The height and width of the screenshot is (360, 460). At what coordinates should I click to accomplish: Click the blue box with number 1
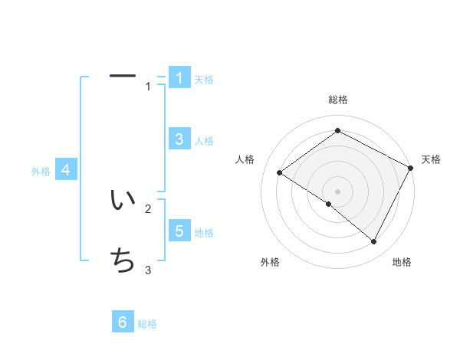pos(179,77)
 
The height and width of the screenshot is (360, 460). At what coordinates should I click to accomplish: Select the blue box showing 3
pos(179,139)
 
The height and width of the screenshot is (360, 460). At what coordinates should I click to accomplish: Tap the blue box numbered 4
pos(66,170)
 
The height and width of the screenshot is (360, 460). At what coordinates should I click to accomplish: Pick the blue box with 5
pos(179,231)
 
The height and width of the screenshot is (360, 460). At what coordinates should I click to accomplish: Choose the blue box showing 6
pos(123,322)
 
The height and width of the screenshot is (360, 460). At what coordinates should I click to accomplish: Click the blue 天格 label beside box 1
pos(204,79)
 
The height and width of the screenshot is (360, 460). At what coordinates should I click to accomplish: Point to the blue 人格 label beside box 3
pos(204,141)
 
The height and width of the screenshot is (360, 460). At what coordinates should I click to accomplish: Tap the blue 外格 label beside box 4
pos(41,172)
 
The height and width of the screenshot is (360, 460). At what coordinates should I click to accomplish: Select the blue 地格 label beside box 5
pos(204,233)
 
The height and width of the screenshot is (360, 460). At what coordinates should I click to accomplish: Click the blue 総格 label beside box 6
pos(147,324)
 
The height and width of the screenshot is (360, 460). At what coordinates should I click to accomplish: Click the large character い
pos(123,201)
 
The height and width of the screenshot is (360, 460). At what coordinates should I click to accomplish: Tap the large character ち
pos(123,260)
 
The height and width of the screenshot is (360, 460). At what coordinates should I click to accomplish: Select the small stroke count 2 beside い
pos(149,208)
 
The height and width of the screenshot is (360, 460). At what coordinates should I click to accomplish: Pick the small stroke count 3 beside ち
pos(149,270)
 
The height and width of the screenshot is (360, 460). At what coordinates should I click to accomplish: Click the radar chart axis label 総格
pos(338,100)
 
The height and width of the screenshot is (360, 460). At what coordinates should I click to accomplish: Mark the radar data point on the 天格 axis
pos(410,169)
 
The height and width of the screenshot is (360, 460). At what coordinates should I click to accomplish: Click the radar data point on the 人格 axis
pos(280,173)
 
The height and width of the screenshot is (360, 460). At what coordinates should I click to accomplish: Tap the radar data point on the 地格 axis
pos(374,241)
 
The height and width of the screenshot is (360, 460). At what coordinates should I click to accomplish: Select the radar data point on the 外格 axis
pos(329,204)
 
